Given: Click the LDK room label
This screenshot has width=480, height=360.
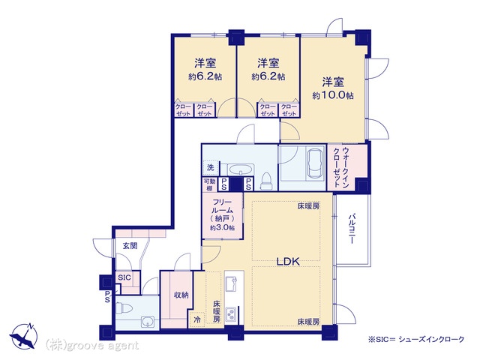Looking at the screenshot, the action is pyautogui.click(x=288, y=262).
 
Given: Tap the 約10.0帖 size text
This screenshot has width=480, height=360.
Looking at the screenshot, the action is pyautogui.click(x=333, y=95).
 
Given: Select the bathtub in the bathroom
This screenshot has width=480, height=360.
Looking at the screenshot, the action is pyautogui.click(x=316, y=163).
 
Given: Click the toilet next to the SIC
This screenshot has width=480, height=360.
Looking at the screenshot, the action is pyautogui.click(x=124, y=308).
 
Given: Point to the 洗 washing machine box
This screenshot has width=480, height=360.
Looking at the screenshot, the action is pyautogui.click(x=210, y=167).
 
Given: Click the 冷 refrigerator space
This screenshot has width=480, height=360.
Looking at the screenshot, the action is pyautogui.click(x=197, y=320).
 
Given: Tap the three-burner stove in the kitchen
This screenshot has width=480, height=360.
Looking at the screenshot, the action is pyautogui.click(x=231, y=314).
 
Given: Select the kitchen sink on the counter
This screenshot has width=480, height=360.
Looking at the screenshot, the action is pyautogui.click(x=231, y=283).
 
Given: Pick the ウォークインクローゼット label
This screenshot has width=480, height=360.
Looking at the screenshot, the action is pyautogui.click(x=341, y=167).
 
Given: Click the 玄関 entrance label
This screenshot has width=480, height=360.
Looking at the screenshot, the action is pyautogui.click(x=130, y=245).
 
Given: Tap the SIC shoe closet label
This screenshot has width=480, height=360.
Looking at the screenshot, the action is pyautogui.click(x=124, y=277).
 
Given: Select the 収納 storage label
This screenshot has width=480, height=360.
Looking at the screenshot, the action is pyautogui.click(x=181, y=295).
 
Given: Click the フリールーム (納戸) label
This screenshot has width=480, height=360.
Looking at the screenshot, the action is pyautogui.click(x=223, y=215).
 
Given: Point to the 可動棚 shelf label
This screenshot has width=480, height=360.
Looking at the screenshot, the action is pyautogui.click(x=210, y=185).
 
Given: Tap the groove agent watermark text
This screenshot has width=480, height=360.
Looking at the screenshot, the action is pyautogui.click(x=92, y=346).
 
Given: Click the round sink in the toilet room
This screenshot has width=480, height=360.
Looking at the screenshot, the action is pyautogui.click(x=148, y=322).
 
